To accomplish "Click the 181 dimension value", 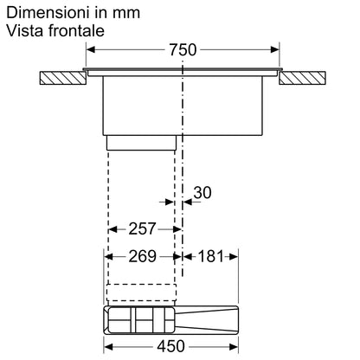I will (x=209, y=256).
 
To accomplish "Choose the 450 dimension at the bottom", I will (x=171, y=346).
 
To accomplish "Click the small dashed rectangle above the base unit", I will (x=142, y=296).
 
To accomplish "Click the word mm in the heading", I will (x=124, y=13).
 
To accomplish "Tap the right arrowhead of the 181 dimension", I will (x=234, y=257).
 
